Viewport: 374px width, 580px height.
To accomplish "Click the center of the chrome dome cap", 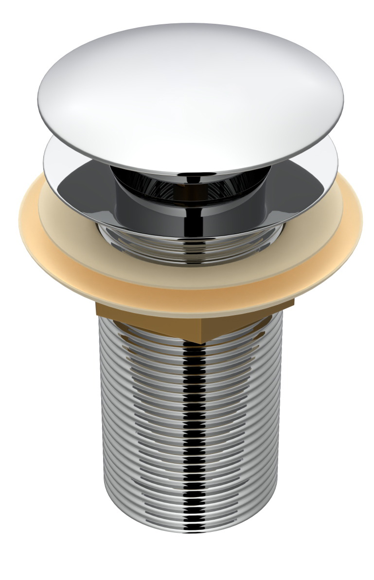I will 190,92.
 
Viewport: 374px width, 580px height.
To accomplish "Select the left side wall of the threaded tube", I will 105,413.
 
